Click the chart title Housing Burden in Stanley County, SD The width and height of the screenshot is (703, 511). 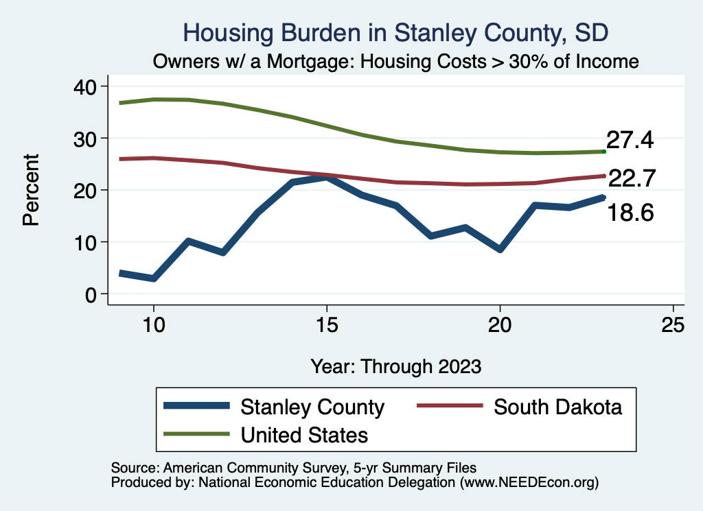396,33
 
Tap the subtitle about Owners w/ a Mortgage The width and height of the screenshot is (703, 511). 396,62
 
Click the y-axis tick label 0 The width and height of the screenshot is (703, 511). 90,294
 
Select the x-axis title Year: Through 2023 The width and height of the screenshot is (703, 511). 396,366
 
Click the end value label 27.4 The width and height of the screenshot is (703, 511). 630,141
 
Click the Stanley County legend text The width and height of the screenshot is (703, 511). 312,407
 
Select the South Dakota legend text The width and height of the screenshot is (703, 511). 558,407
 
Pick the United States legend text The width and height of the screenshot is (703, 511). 304,435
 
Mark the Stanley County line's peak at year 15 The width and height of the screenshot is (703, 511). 327,178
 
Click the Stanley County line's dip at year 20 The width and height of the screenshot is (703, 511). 500,249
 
